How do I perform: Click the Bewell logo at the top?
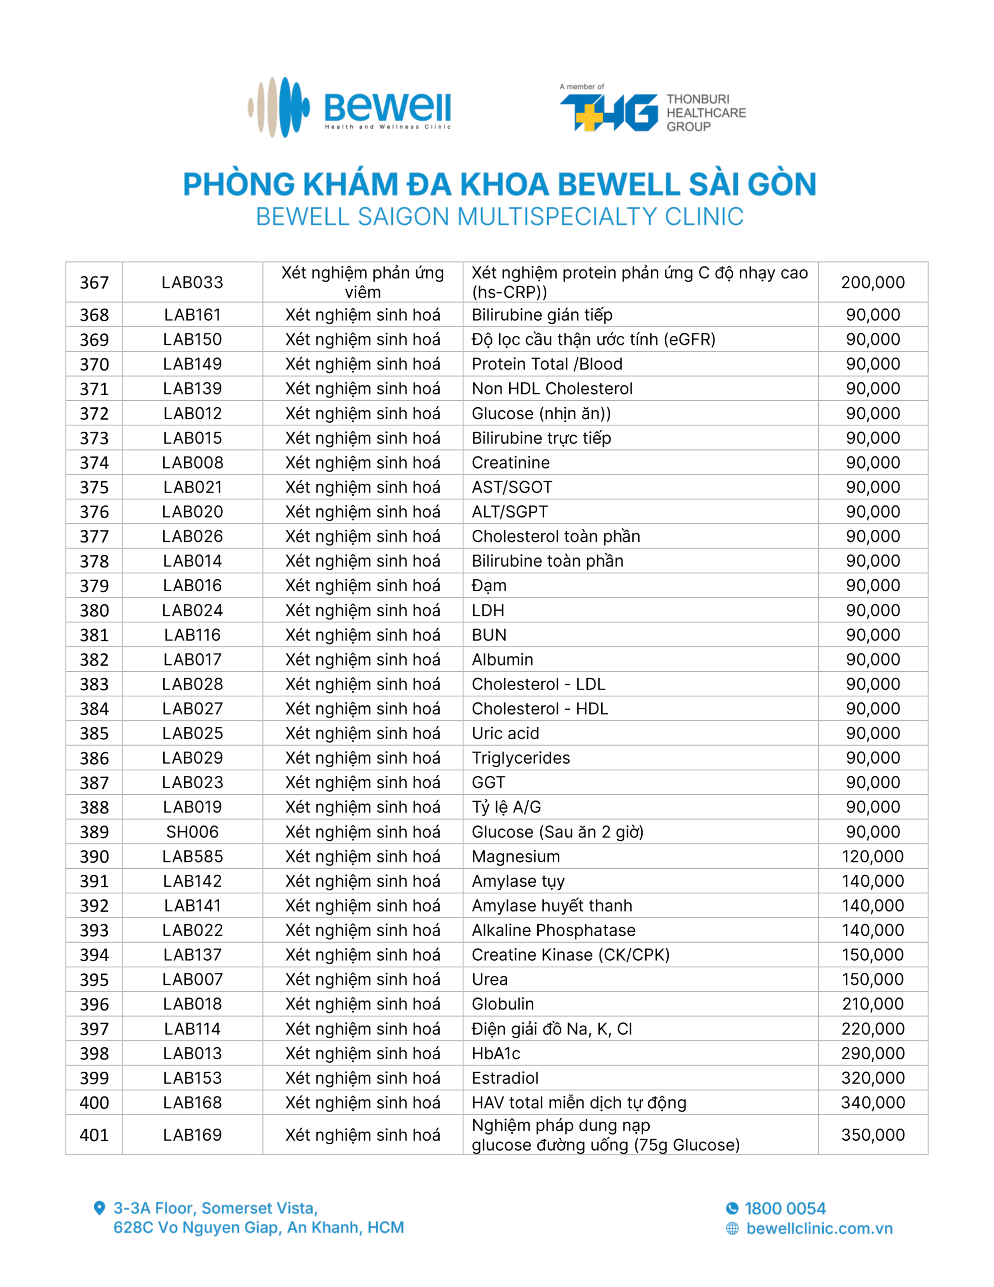[x=349, y=107]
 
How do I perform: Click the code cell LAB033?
[x=192, y=282]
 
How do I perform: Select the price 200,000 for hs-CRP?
[x=872, y=282]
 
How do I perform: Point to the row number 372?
[x=94, y=414]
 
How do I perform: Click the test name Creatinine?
[x=510, y=463]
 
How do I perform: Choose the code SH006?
[x=192, y=832]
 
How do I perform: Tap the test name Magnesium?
[x=516, y=856]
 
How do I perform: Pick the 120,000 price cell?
[x=872, y=856]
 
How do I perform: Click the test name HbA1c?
[x=495, y=1053]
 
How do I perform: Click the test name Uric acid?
[x=505, y=733]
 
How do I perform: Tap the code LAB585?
[x=192, y=856]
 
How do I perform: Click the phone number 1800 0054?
[x=784, y=1209]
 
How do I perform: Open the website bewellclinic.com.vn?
[x=819, y=1229]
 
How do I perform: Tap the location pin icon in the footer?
[x=100, y=1208]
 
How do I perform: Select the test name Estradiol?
[x=505, y=1078]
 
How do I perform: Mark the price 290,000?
[x=872, y=1053]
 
